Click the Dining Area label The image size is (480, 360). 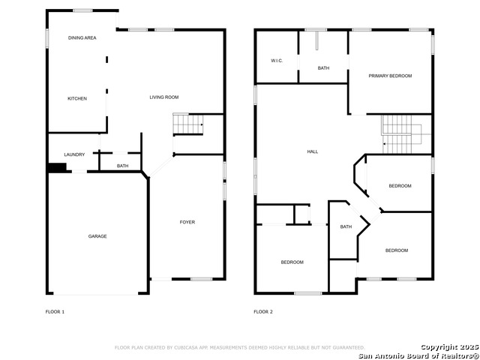pos(82,38)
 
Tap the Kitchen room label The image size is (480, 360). pos(77,98)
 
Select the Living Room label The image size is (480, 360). pos(164,97)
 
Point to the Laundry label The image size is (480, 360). pos(74,154)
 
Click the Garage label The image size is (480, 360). pos(97,236)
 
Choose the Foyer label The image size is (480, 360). pos(187,222)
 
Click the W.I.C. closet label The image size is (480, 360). pos(277,61)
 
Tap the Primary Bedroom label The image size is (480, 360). pos(390,76)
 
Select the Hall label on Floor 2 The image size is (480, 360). pos(313,151)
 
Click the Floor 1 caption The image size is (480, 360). pos(55,312)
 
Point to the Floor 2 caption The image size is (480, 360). pos(263,312)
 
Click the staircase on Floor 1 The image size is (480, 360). pos(188,124)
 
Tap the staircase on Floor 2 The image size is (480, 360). pos(402,134)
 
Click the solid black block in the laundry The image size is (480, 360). pos(57,168)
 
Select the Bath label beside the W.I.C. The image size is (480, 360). pos(323,68)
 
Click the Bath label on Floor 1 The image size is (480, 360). pos(123,166)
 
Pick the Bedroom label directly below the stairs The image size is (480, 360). pos(400,186)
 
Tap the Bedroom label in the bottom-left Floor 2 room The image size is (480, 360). pos(292,262)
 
